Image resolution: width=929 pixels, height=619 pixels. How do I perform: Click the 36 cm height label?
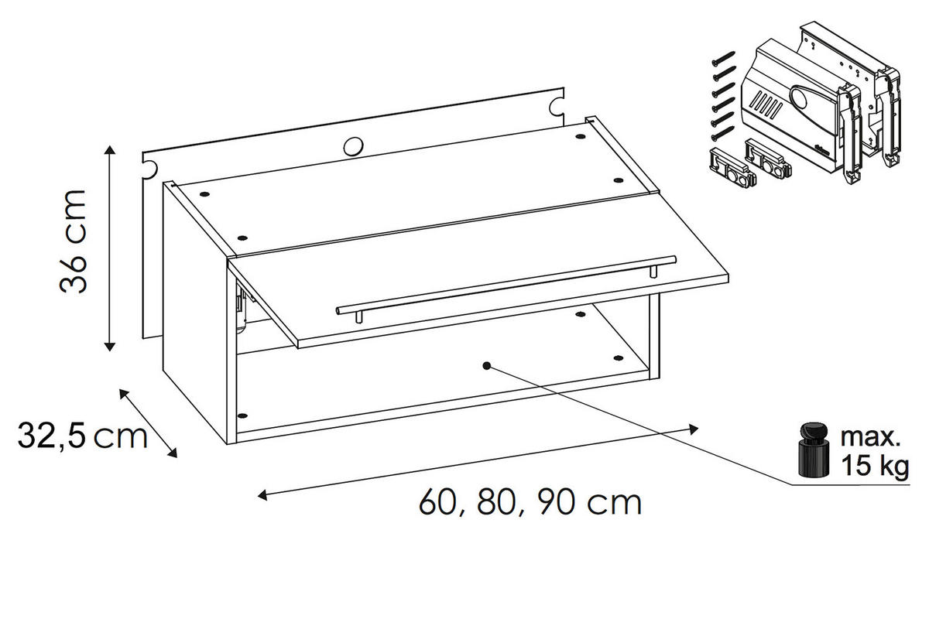click(74, 241)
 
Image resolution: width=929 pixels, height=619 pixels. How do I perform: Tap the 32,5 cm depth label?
click(83, 436)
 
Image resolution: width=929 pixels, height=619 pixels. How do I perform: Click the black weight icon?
click(814, 450)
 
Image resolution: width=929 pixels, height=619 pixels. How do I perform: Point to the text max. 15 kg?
click(874, 451)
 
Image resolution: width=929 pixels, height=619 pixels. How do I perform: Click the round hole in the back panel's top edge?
click(353, 146)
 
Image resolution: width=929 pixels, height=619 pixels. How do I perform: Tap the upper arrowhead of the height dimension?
click(109, 150)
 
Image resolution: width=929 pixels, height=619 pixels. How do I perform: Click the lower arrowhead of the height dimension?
click(109, 346)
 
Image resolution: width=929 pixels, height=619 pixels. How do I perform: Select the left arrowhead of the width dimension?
click(262, 494)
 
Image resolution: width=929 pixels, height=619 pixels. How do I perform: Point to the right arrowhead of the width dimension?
click(693, 429)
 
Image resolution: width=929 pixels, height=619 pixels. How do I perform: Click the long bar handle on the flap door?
click(506, 286)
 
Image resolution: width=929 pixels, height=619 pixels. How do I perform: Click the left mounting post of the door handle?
click(359, 316)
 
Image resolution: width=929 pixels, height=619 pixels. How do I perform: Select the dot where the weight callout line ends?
click(487, 366)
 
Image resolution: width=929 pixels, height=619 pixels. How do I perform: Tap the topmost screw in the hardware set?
click(723, 58)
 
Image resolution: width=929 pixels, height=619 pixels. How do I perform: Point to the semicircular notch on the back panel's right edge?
click(557, 107)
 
